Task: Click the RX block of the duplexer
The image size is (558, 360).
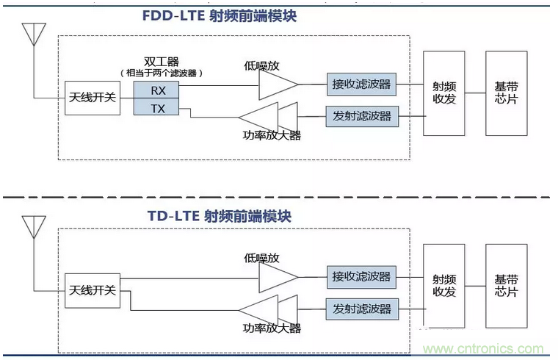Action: pyautogui.click(x=156, y=90)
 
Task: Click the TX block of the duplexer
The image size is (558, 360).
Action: pyautogui.click(x=156, y=107)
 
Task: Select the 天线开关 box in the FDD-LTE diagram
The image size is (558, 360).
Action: pyautogui.click(x=93, y=98)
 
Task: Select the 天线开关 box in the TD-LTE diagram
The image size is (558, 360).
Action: pyautogui.click(x=93, y=290)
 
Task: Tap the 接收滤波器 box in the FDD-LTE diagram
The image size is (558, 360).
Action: pyautogui.click(x=361, y=84)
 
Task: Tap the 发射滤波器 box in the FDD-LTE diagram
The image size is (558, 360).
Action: pyautogui.click(x=362, y=116)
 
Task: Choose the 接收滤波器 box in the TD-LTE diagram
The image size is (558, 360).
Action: pyautogui.click(x=361, y=277)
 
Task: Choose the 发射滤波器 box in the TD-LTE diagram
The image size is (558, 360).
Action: pyautogui.click(x=362, y=309)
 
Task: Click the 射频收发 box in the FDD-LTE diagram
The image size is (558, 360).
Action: pyautogui.click(x=444, y=93)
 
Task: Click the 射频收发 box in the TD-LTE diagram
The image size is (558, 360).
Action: pyautogui.click(x=444, y=286)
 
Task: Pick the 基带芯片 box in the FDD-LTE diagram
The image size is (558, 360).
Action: pyautogui.click(x=507, y=93)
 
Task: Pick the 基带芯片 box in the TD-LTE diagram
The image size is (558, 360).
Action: pyautogui.click(x=507, y=286)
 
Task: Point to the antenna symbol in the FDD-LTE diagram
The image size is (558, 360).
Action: pyautogui.click(x=34, y=35)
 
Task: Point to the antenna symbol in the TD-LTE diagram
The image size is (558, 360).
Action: pyautogui.click(x=34, y=227)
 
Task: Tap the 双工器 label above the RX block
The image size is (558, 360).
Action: pyautogui.click(x=162, y=62)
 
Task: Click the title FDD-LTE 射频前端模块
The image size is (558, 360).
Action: pyautogui.click(x=220, y=16)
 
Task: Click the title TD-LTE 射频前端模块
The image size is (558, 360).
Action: pyautogui.click(x=220, y=216)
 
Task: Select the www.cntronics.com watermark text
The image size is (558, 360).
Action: pyautogui.click(x=483, y=348)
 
